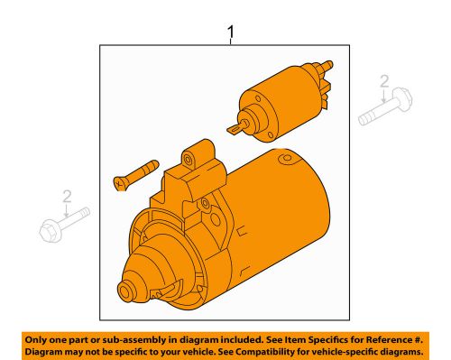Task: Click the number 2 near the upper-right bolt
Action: pos(385,83)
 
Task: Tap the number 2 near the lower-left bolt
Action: pos(65,198)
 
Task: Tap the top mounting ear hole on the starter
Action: pos(188,160)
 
